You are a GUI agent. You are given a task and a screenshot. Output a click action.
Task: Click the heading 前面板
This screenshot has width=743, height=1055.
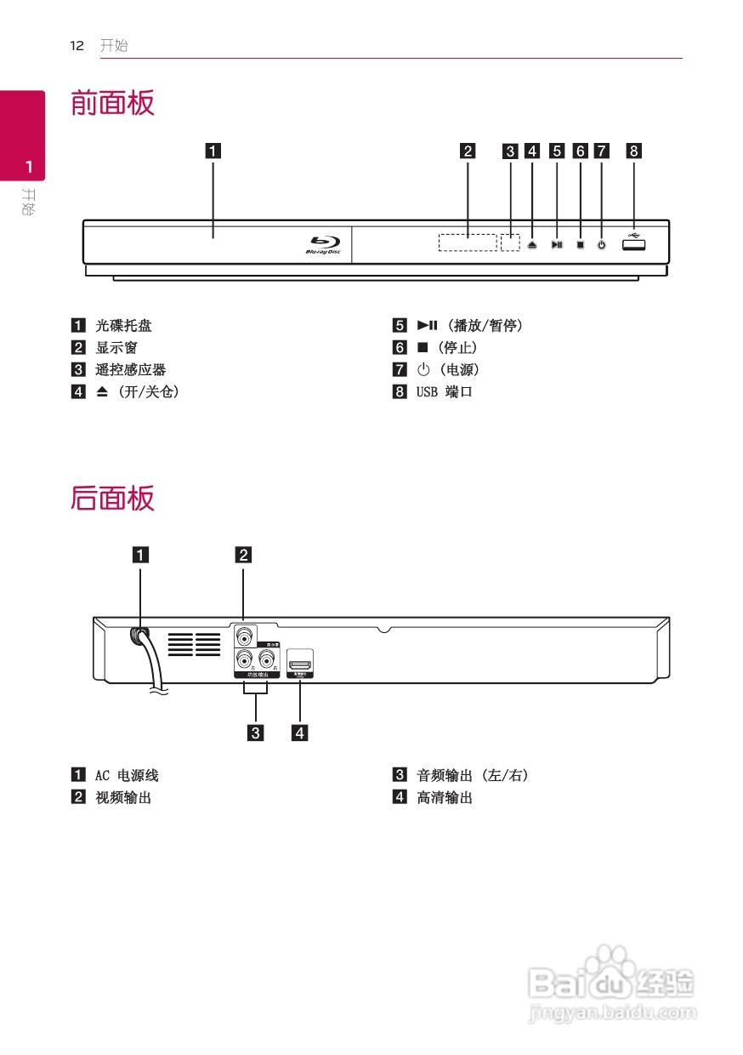[x=112, y=104]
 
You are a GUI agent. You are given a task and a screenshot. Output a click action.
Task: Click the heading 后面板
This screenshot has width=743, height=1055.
[x=112, y=498]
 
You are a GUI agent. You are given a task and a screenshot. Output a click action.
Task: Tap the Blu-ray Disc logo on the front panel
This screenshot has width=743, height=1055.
[x=323, y=245]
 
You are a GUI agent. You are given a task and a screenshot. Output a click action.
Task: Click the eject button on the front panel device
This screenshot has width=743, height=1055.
[x=531, y=245]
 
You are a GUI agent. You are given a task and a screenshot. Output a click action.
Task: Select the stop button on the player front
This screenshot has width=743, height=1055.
[x=580, y=245]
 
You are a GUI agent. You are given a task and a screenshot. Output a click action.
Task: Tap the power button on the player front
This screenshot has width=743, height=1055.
[x=602, y=245]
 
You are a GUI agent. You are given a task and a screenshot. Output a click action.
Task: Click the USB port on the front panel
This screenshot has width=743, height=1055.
[x=633, y=245]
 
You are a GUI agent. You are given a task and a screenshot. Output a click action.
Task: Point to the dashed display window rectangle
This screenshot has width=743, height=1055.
[x=468, y=242]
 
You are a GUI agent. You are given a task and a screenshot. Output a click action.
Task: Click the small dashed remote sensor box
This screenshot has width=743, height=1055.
[x=510, y=242]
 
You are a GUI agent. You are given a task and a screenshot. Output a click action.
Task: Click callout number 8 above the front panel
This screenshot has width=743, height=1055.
[x=634, y=152]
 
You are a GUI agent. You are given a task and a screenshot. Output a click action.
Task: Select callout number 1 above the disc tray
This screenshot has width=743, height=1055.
[x=212, y=152]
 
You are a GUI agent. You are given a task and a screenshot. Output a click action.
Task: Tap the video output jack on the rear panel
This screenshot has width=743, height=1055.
[x=245, y=636]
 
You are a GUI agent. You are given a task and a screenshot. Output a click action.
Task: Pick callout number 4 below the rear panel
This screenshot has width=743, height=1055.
[x=299, y=731]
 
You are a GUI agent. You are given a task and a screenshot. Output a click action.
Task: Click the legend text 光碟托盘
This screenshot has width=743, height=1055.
[x=123, y=326]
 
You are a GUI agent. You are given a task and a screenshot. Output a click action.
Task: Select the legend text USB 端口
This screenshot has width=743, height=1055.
[x=444, y=392]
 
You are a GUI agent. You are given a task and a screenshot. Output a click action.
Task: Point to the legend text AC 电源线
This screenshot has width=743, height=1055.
[x=127, y=775]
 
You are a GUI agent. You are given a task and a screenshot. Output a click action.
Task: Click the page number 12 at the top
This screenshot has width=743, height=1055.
[x=77, y=46]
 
